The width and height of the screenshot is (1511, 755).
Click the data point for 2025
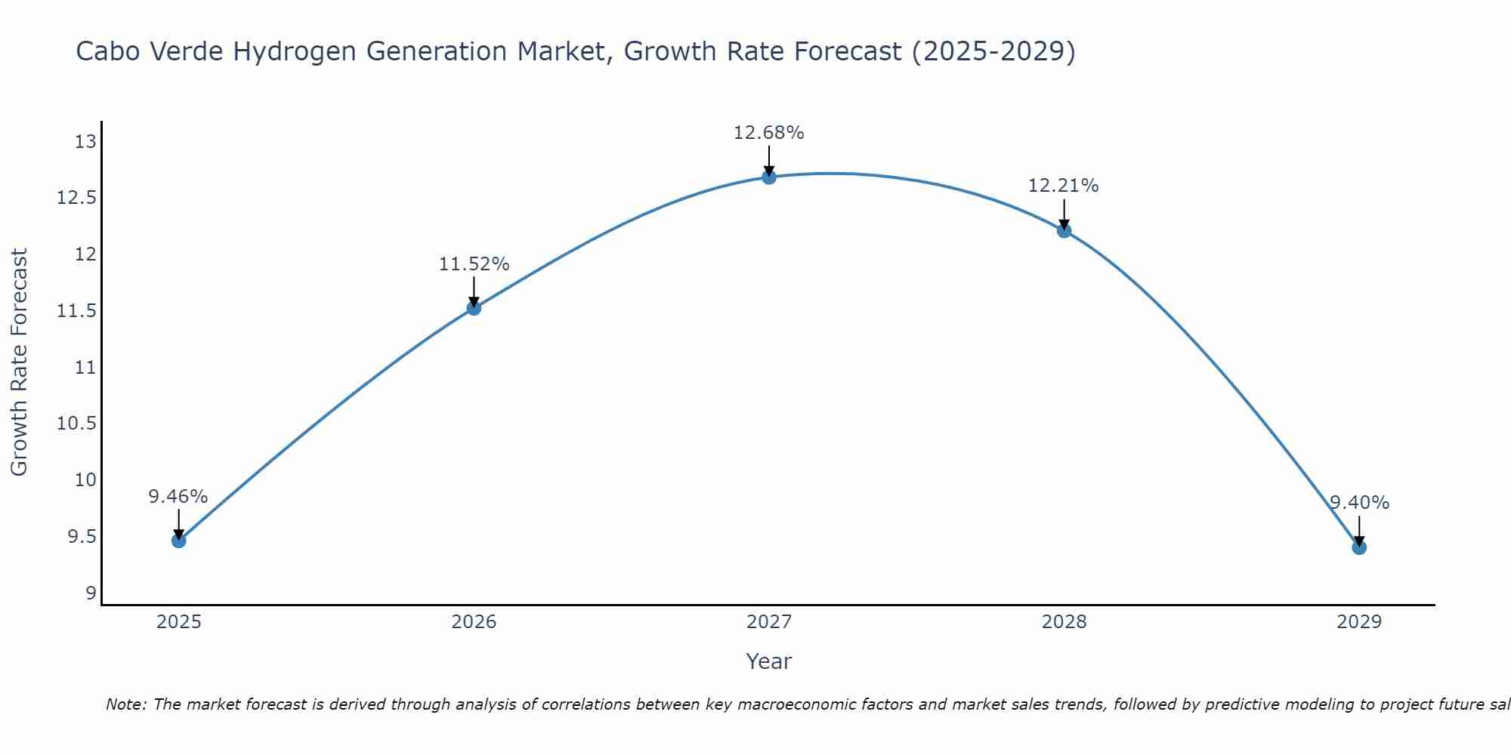pyautogui.click(x=178, y=541)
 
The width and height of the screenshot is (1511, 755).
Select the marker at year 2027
pyautogui.click(x=768, y=177)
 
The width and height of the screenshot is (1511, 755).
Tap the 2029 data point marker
pyautogui.click(x=1358, y=547)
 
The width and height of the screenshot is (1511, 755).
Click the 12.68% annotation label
pyautogui.click(x=768, y=133)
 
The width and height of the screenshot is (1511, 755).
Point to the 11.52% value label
pyautogui.click(x=474, y=264)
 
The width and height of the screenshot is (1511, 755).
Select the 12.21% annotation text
pyautogui.click(x=1063, y=186)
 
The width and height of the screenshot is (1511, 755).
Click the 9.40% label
pyautogui.click(x=1358, y=503)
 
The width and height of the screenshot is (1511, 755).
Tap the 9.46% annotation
pyautogui.click(x=178, y=497)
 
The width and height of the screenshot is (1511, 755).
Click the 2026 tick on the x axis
pyautogui.click(x=474, y=622)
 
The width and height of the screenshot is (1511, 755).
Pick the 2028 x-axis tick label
pyautogui.click(x=1064, y=622)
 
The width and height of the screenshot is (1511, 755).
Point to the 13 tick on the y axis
pyautogui.click(x=85, y=142)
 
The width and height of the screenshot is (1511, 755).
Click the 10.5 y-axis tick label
pyautogui.click(x=77, y=424)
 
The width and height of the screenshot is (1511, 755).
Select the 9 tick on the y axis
pyautogui.click(x=91, y=593)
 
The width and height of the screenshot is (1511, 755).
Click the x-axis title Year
pyautogui.click(x=768, y=661)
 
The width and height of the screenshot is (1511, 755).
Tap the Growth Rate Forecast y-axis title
pyautogui.click(x=19, y=362)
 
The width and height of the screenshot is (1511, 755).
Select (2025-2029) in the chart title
pyautogui.click(x=993, y=51)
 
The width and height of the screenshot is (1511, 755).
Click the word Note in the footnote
pyautogui.click(x=125, y=704)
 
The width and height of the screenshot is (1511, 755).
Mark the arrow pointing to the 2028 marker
pyautogui.click(x=1064, y=214)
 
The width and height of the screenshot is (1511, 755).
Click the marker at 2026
pyautogui.click(x=474, y=307)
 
